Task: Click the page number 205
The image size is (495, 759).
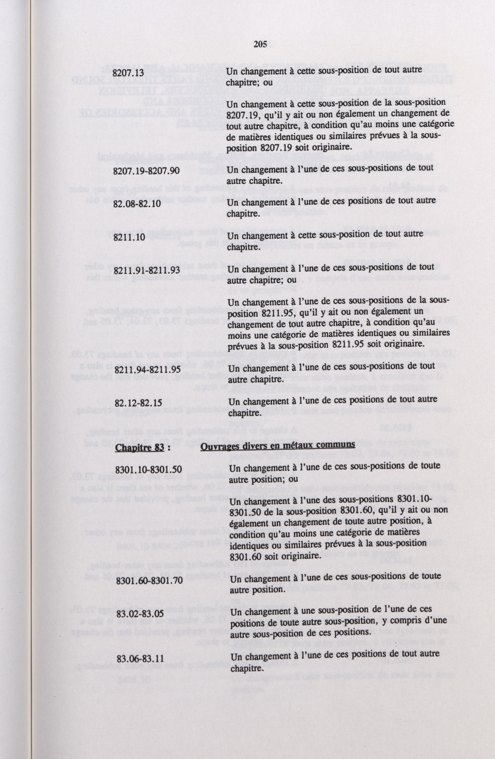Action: (260, 45)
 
